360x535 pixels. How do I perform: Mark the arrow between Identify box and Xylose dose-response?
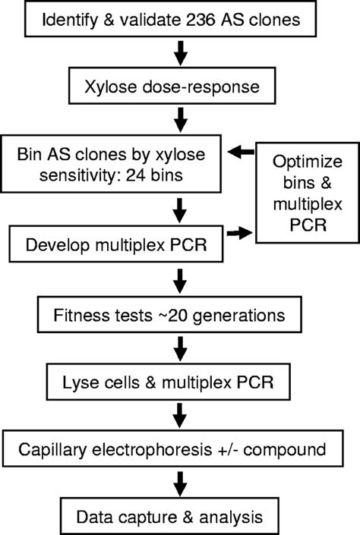(x=182, y=54)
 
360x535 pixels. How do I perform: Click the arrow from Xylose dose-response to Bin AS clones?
(x=182, y=120)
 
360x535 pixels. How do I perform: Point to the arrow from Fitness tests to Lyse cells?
(x=182, y=350)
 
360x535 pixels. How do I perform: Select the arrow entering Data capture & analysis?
(x=182, y=483)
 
